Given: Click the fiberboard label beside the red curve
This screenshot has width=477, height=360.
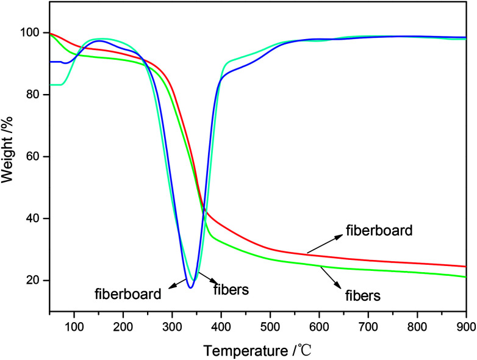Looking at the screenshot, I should tap(379, 231).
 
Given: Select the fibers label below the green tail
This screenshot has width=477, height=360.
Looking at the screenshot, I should tap(363, 297).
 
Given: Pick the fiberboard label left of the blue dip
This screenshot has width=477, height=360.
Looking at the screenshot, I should tap(128, 294).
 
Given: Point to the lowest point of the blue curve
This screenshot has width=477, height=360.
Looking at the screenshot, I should tap(191, 287).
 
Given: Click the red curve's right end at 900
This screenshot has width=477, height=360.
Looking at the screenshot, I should tap(465, 266).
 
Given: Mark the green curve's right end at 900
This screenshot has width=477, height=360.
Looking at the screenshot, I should tap(465, 276).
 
